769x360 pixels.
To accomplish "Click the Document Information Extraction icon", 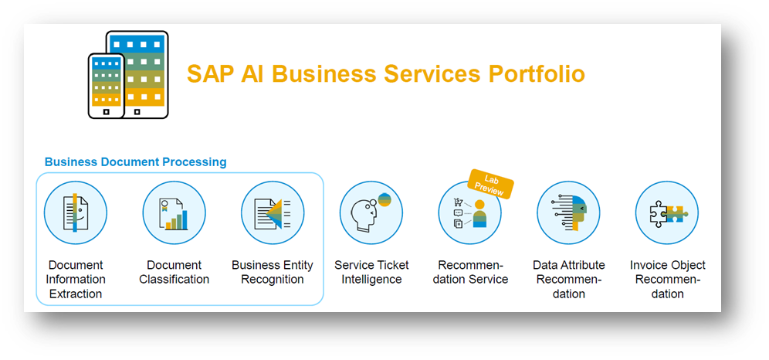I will (76, 212).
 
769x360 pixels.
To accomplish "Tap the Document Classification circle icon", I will (174, 212).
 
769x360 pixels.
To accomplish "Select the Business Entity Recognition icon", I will (273, 212).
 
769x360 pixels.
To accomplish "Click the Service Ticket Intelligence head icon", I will (371, 212).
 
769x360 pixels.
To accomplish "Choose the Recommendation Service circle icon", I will (470, 214).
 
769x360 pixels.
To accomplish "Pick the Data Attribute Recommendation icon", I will (569, 212).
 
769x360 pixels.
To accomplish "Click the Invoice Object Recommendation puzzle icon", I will (667, 212).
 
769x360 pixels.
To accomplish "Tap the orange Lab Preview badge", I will (490, 184).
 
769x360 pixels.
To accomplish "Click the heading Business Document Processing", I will (135, 162).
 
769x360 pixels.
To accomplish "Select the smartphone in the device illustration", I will (107, 85).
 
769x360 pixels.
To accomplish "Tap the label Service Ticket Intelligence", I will (371, 272).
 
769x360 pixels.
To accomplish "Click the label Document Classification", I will (174, 272).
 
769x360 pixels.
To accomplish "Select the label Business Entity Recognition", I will (273, 272).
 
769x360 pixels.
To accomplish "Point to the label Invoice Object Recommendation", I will (667, 279).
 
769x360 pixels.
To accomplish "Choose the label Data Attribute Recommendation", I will (569, 279).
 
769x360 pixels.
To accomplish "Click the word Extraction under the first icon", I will (76, 294).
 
